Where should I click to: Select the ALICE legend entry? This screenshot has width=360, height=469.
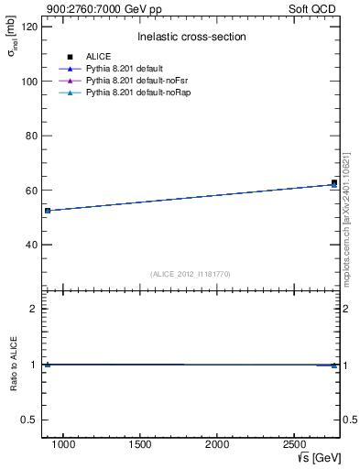[x=98, y=57]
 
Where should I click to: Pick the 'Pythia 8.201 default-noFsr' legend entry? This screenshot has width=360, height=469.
[x=129, y=82]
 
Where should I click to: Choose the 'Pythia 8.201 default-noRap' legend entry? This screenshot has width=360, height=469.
[x=130, y=93]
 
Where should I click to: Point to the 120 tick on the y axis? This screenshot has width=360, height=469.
[x=30, y=27]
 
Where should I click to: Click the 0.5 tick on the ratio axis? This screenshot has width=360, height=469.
[x=31, y=420]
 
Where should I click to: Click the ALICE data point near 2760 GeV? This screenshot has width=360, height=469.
[x=334, y=183]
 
